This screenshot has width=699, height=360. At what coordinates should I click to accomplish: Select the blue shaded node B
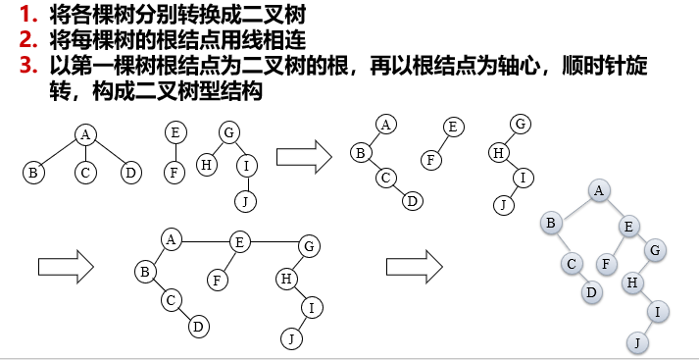[x=551, y=224]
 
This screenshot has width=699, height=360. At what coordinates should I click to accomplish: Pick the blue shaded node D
[x=591, y=291]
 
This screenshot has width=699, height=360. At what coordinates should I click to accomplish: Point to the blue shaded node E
[x=629, y=227]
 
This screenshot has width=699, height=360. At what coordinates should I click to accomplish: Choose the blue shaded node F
[x=608, y=263]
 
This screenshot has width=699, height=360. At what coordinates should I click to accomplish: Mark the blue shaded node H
[x=634, y=283]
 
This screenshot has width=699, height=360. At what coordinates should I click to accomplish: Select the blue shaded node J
[x=636, y=342]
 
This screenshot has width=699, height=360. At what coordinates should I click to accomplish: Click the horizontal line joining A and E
[x=205, y=238]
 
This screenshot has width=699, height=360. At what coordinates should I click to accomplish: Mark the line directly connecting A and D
[x=108, y=153]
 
